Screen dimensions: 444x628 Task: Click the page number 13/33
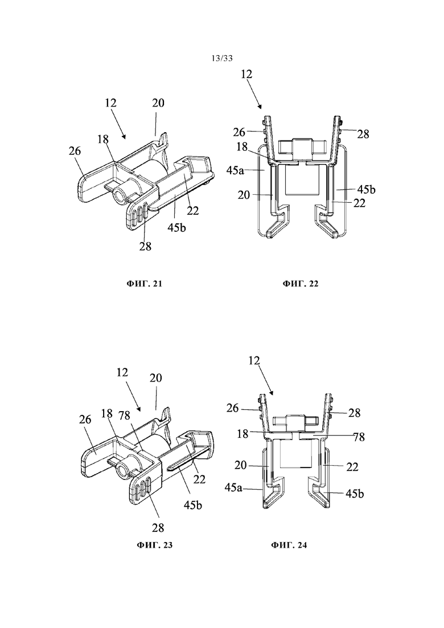click(x=222, y=59)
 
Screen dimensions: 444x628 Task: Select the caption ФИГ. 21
click(x=145, y=284)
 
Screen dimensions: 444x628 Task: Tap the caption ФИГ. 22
click(x=301, y=284)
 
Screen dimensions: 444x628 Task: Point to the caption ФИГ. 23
click(x=155, y=545)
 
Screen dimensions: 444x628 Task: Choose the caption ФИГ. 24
click(x=289, y=545)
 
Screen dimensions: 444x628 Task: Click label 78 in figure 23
click(x=125, y=415)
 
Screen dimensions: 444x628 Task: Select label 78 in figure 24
click(x=359, y=437)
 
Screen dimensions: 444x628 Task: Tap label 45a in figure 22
click(x=235, y=170)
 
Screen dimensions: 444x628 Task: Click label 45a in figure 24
click(x=234, y=487)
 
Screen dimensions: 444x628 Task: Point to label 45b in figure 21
click(x=176, y=228)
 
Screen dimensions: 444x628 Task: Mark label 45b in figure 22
click(x=367, y=189)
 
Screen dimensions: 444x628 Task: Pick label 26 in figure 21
click(x=75, y=151)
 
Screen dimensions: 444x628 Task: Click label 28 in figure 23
click(x=158, y=528)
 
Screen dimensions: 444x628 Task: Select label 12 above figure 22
click(x=247, y=74)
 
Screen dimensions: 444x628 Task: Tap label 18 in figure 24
click(x=242, y=433)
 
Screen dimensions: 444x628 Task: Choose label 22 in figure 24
click(x=352, y=467)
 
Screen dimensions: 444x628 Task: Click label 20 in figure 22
click(x=244, y=195)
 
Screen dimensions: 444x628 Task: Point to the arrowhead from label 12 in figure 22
click(x=260, y=107)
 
